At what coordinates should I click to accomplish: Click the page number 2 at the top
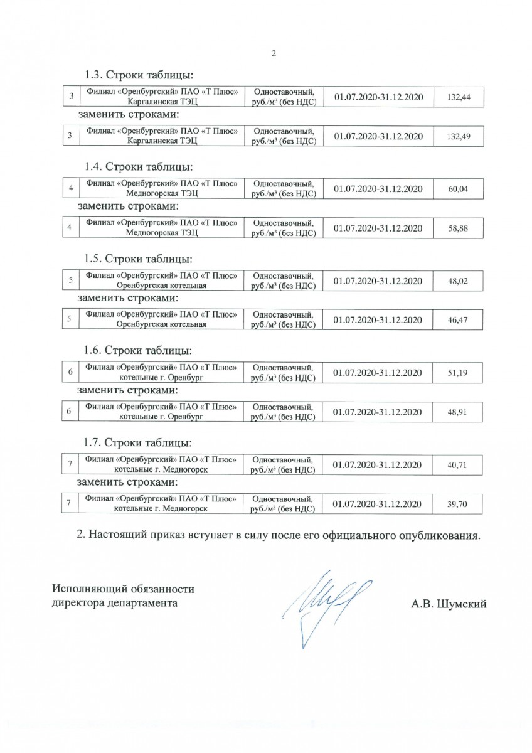273,53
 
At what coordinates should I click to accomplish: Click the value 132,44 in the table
457,97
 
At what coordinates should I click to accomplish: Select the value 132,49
457,136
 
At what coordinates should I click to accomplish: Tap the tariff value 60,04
458,188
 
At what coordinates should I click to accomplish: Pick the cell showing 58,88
458,228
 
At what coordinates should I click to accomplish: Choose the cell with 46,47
458,319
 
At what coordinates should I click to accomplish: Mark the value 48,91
458,411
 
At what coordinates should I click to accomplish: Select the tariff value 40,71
458,465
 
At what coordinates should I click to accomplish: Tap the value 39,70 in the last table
458,504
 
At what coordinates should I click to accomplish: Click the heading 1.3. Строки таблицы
138,76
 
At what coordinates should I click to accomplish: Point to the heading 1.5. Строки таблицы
138,259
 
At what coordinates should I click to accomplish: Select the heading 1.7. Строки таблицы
138,443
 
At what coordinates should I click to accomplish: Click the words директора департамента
114,604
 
